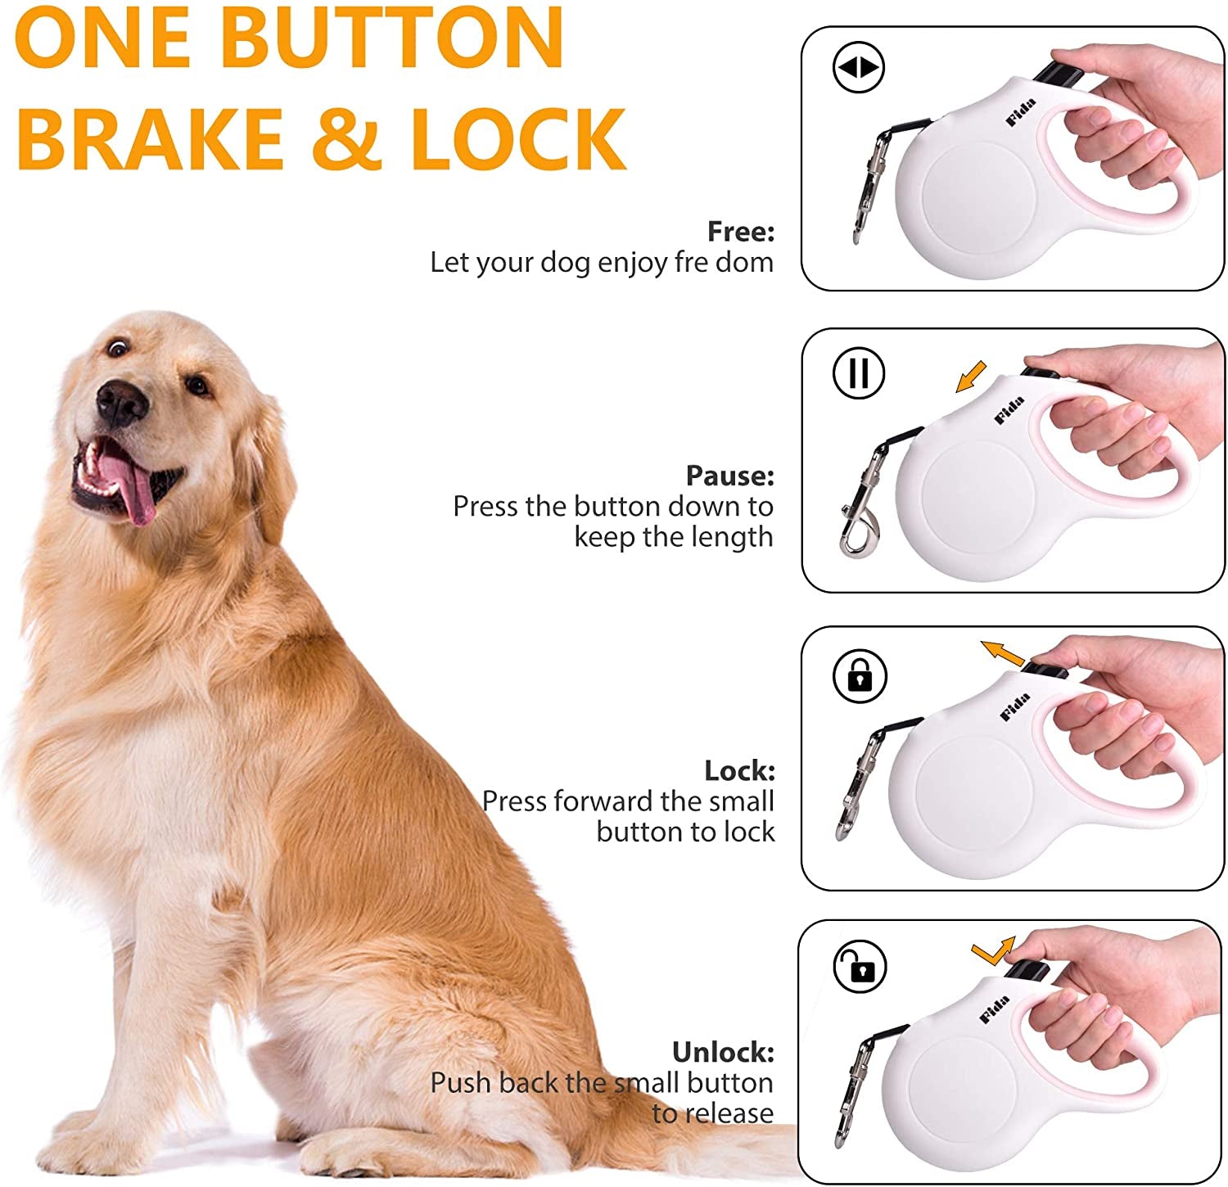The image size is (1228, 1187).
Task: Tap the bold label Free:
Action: (740, 232)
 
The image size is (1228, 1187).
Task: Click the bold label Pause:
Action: (729, 476)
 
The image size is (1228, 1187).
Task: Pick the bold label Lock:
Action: (738, 770)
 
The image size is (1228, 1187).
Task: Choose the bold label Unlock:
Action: (722, 1052)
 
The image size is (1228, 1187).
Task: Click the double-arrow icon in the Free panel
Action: (859, 67)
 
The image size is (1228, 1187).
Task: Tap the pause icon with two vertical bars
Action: (859, 373)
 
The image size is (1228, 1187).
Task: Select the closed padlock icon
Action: (859, 676)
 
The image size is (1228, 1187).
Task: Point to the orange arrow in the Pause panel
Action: (971, 377)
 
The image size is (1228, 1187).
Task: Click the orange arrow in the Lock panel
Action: (1003, 653)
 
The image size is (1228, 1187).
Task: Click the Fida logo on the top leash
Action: (1021, 112)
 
